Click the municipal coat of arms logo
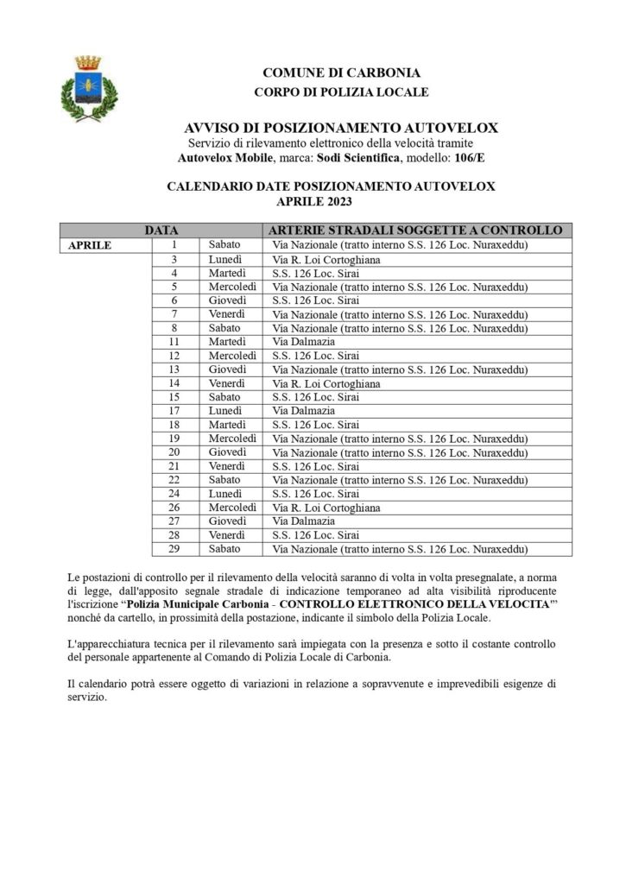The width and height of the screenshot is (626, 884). (x=87, y=88)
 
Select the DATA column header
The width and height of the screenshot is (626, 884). (x=161, y=230)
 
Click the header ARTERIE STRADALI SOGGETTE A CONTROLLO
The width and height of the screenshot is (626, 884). (x=415, y=230)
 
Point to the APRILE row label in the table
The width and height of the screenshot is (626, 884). (x=90, y=245)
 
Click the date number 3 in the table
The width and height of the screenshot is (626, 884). (x=174, y=259)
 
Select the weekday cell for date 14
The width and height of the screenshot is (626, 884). (x=226, y=383)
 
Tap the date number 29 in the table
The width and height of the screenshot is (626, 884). (x=174, y=549)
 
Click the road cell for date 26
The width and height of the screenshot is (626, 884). (x=326, y=508)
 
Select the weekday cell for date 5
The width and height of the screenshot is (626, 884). (x=231, y=287)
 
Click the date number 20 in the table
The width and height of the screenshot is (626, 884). (x=174, y=452)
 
